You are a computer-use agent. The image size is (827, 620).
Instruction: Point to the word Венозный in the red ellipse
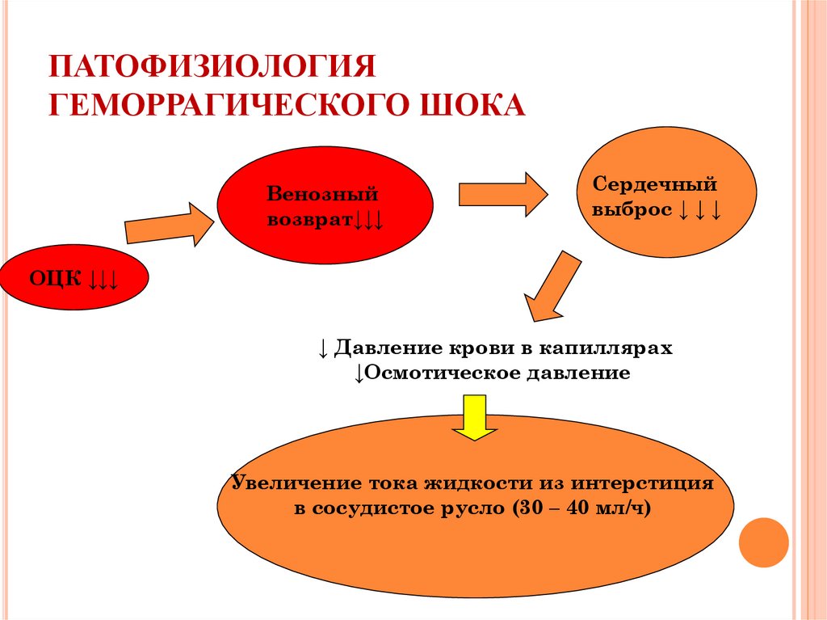coord(323,195)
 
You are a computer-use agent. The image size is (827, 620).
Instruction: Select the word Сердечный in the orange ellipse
coord(655,184)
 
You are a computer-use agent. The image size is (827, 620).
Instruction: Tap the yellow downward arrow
coord(474,417)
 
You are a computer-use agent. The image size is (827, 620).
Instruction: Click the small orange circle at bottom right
coord(763,542)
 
